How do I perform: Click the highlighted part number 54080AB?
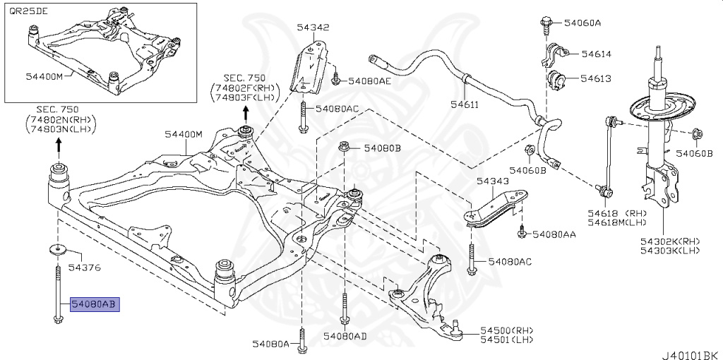click(x=95, y=304)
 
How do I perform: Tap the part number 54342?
click(x=313, y=28)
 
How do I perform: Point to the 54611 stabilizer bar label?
click(x=465, y=104)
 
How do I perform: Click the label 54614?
click(x=596, y=54)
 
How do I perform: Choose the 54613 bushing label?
click(x=596, y=78)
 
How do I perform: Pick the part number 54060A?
click(x=582, y=23)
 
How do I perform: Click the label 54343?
click(x=492, y=181)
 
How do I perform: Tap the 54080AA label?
click(x=554, y=234)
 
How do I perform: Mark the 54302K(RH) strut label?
click(x=670, y=241)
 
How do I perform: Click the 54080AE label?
click(x=366, y=81)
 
